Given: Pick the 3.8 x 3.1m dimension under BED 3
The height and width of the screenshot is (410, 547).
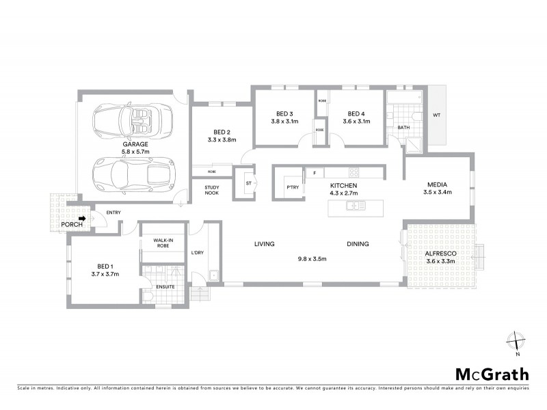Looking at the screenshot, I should (x=286, y=122).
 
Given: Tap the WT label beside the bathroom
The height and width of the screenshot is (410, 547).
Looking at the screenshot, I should (x=436, y=115).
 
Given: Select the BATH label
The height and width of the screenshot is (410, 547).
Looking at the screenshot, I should (x=403, y=127).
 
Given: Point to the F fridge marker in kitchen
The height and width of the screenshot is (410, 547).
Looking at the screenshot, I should (x=315, y=174).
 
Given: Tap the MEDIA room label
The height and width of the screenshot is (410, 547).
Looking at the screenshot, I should (x=438, y=185).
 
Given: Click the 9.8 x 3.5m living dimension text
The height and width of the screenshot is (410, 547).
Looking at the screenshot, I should (x=311, y=259).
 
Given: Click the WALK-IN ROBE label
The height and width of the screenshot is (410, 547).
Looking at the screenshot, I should (x=163, y=243).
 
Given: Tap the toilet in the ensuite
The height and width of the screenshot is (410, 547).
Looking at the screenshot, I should (x=149, y=296).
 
